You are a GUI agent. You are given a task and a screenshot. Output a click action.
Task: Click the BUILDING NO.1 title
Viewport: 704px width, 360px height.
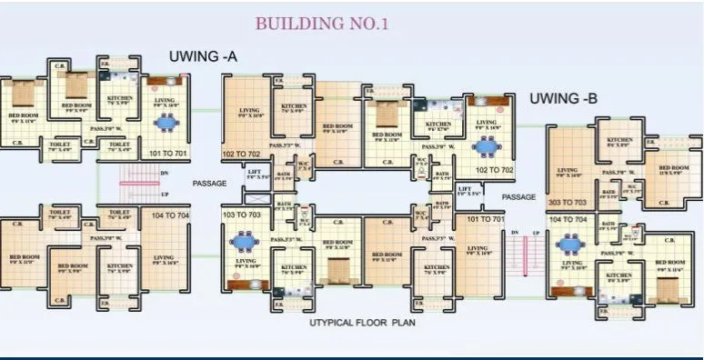click(322, 24)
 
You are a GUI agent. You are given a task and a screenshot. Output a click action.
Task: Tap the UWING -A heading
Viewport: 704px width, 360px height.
click(203, 57)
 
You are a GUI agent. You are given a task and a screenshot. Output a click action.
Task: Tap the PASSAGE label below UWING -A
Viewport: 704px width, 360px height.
click(209, 183)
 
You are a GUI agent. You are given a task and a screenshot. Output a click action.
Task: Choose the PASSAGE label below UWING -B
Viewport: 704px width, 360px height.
click(519, 195)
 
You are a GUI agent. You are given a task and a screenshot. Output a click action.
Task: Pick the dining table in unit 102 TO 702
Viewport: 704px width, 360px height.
click(488, 144)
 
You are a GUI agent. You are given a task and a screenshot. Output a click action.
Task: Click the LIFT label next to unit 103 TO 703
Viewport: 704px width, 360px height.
click(256, 173)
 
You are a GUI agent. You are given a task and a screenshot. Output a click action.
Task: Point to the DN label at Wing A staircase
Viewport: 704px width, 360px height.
click(164, 172)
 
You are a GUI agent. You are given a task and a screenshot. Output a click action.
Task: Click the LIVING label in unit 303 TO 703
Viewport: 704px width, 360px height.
click(567, 170)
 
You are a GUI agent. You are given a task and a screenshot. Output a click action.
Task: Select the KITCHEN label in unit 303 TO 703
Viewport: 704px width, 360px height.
click(619, 142)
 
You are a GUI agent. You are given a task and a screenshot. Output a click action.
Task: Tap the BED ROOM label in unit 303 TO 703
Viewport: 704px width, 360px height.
click(673, 168)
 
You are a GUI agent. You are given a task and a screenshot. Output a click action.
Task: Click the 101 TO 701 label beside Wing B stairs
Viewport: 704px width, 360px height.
click(485, 220)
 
